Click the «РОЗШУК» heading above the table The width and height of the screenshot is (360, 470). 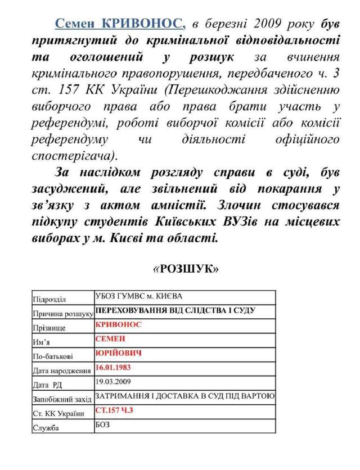pyautogui.click(x=186, y=269)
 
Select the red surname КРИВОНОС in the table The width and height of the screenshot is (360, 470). pyautogui.click(x=119, y=324)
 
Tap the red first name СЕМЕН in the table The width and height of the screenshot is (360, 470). pyautogui.click(x=110, y=338)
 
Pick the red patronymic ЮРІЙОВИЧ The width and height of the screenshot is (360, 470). pyautogui.click(x=118, y=353)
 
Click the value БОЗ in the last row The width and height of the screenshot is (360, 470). pyautogui.click(x=102, y=424)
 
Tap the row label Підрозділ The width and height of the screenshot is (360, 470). pyautogui.click(x=51, y=299)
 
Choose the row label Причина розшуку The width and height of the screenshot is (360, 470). pyautogui.click(x=63, y=313)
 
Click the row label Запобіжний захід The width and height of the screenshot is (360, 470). pyautogui.click(x=62, y=400)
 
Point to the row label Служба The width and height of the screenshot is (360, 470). pyautogui.click(x=47, y=429)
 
